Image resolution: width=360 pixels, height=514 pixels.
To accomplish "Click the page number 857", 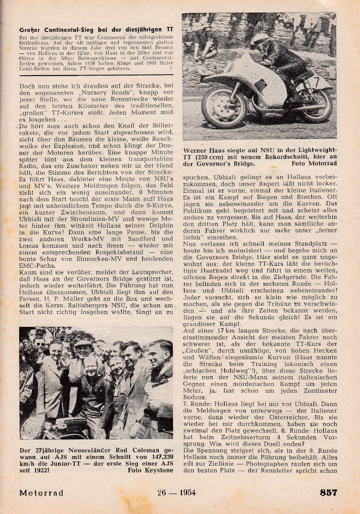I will click(x=328, y=492).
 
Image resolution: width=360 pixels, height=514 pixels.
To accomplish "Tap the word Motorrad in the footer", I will click(x=42, y=493).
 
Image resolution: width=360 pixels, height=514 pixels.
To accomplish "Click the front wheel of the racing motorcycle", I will click(x=224, y=108).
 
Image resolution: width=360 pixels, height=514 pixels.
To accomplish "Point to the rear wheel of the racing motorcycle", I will click(x=316, y=105).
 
